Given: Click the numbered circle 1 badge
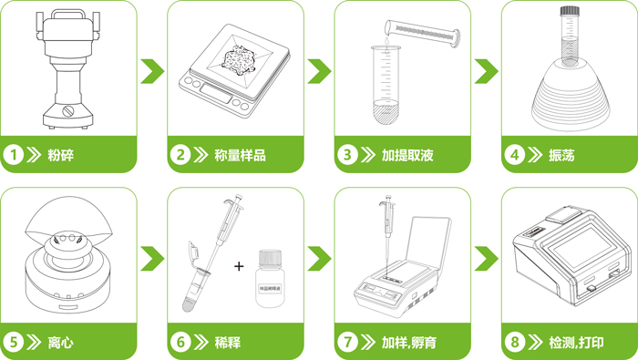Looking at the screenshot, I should [x=15, y=155].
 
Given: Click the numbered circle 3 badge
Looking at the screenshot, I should [x=347, y=155].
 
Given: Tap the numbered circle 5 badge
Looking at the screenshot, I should [x=15, y=343].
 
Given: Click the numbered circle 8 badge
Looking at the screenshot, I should [x=514, y=343].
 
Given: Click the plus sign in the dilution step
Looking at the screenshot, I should [x=240, y=267].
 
